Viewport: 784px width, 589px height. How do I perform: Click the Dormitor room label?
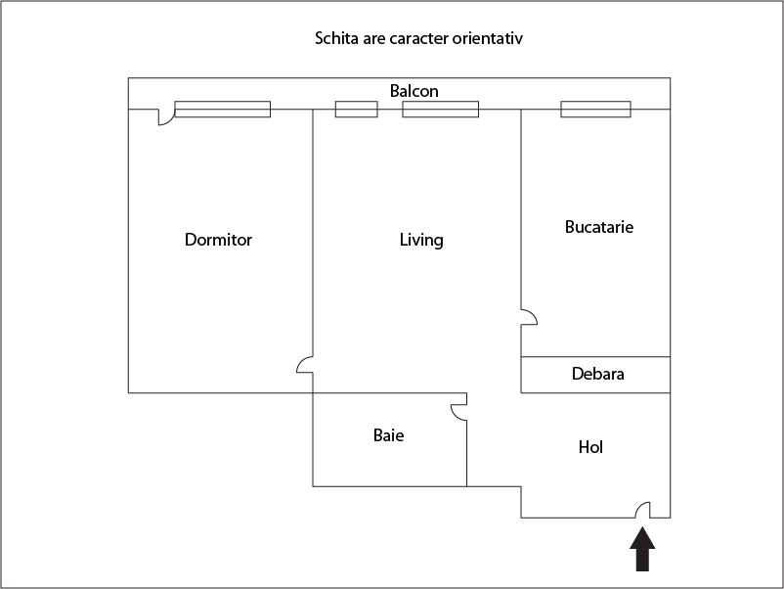point(218,240)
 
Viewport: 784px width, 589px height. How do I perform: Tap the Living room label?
point(421,240)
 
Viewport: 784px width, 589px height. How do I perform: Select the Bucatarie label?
point(599,227)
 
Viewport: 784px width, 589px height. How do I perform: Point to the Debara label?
point(597,374)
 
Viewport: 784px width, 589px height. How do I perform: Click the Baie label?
point(388,435)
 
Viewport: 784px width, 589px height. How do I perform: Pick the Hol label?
point(590,447)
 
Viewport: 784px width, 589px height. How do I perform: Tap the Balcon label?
point(414,91)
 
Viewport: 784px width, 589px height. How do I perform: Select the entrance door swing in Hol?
point(643,510)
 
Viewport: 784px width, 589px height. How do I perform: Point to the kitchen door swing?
point(528,317)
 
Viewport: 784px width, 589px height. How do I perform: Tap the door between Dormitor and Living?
point(305,365)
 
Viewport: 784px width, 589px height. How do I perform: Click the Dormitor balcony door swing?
point(165,116)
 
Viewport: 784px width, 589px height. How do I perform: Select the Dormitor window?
point(222,110)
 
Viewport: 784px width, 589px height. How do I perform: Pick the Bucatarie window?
point(595,110)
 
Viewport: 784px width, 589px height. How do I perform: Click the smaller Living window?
point(356,110)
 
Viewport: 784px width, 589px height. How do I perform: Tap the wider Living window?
point(440,110)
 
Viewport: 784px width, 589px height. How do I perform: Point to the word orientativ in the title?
point(494,39)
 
